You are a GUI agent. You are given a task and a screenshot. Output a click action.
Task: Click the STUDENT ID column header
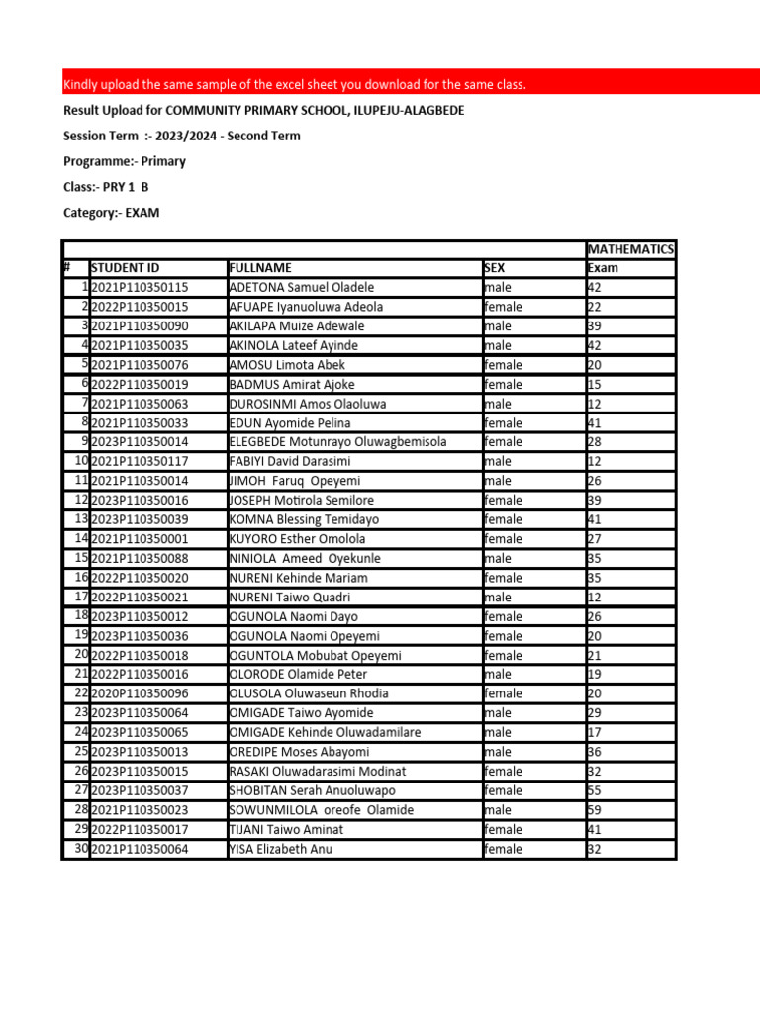(125, 268)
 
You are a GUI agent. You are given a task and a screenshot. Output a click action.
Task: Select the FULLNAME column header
(260, 268)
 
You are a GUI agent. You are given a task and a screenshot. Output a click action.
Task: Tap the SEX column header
(494, 268)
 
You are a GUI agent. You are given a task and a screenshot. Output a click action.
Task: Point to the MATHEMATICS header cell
(630, 249)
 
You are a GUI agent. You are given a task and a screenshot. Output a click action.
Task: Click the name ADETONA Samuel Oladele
(301, 287)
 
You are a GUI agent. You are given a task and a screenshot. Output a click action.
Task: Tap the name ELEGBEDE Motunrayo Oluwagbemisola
(337, 442)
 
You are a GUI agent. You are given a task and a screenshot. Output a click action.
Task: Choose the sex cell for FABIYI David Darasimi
(498, 461)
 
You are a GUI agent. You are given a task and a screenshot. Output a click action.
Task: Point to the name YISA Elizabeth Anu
(280, 849)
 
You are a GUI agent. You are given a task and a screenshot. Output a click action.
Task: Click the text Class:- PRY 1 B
(107, 187)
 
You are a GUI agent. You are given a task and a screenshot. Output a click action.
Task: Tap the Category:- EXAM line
(111, 213)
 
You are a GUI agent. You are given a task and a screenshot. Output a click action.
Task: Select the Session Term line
(182, 136)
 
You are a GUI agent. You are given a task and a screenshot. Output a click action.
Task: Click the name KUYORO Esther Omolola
(297, 539)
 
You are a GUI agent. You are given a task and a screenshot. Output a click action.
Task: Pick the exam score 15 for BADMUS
(595, 384)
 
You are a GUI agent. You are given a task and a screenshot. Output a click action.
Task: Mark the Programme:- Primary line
(125, 161)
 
